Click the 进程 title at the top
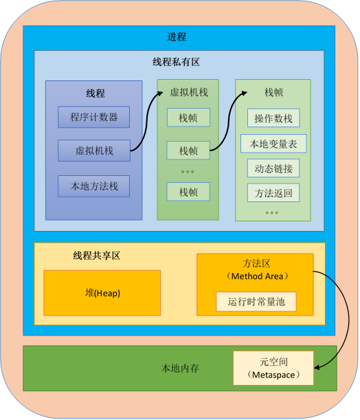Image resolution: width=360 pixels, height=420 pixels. [x=177, y=37]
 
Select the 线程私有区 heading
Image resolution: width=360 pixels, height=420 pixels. [x=176, y=62]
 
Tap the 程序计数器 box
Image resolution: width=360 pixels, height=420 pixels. [x=93, y=117]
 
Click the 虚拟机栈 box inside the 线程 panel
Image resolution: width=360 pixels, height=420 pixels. [x=94, y=151]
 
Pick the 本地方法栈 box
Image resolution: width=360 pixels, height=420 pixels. [x=93, y=186]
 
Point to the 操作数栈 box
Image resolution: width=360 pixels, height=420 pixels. [x=273, y=118]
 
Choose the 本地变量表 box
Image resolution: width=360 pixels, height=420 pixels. [x=273, y=144]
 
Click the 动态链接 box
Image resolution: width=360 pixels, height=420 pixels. [x=273, y=168]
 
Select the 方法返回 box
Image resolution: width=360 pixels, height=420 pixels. [x=273, y=193]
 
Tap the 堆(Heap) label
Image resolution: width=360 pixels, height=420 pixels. [x=102, y=293]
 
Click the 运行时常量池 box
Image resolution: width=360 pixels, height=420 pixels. [x=256, y=302]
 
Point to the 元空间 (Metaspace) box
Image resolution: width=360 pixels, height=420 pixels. [x=273, y=368]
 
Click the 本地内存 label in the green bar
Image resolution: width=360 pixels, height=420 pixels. [x=180, y=368]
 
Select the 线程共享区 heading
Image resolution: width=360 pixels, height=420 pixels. [x=97, y=256]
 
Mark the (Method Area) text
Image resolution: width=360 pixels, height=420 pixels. [x=257, y=276]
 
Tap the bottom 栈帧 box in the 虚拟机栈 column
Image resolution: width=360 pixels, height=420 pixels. [x=188, y=192]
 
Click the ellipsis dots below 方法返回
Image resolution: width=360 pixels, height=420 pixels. [x=271, y=212]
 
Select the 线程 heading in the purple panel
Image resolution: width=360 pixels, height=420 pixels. [x=95, y=93]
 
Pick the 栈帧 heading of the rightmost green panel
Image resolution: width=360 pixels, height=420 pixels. [x=273, y=92]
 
